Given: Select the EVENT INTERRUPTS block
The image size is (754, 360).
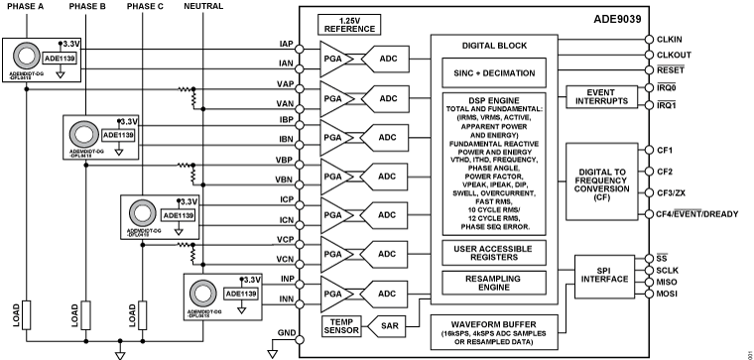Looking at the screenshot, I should pyautogui.click(x=599, y=96).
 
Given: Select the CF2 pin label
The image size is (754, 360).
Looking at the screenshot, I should pyautogui.click(x=665, y=172).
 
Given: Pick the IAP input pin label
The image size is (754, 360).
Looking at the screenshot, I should pyautogui.click(x=286, y=43).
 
